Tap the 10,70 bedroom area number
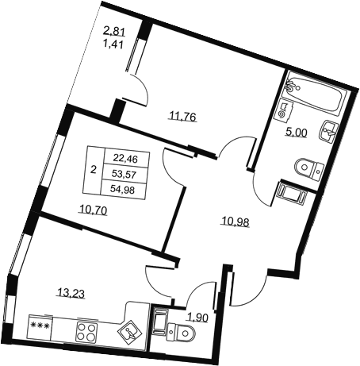(93, 210)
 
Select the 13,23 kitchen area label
(71, 294)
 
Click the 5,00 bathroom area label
(296, 133)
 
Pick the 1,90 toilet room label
(198, 318)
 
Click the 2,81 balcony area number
(114, 32)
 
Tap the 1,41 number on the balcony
(114, 44)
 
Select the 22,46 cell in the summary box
(128, 159)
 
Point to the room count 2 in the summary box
(93, 169)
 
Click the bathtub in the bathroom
(312, 93)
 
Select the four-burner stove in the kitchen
(86, 333)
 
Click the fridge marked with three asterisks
(40, 326)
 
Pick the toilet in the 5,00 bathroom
(308, 168)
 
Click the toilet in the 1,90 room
(182, 332)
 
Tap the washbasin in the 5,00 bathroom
(327, 131)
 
